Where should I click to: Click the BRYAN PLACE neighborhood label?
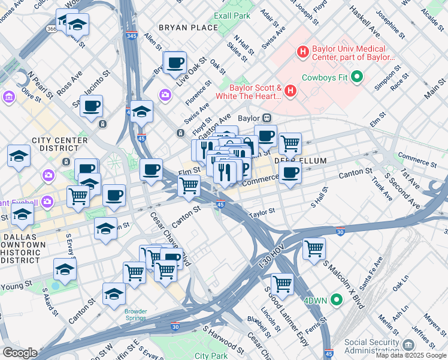(x=189, y=28)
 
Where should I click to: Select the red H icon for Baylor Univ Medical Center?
(x=302, y=52)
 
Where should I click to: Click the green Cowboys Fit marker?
(x=358, y=76)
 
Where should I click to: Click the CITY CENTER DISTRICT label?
(x=60, y=145)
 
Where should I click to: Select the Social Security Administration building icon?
(x=409, y=345)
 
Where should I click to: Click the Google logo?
(x=20, y=353)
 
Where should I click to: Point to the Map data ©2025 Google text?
(x=411, y=355)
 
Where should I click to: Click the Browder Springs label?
(x=135, y=314)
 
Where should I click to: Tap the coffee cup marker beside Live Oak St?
(x=175, y=62)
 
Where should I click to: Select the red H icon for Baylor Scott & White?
(x=290, y=91)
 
